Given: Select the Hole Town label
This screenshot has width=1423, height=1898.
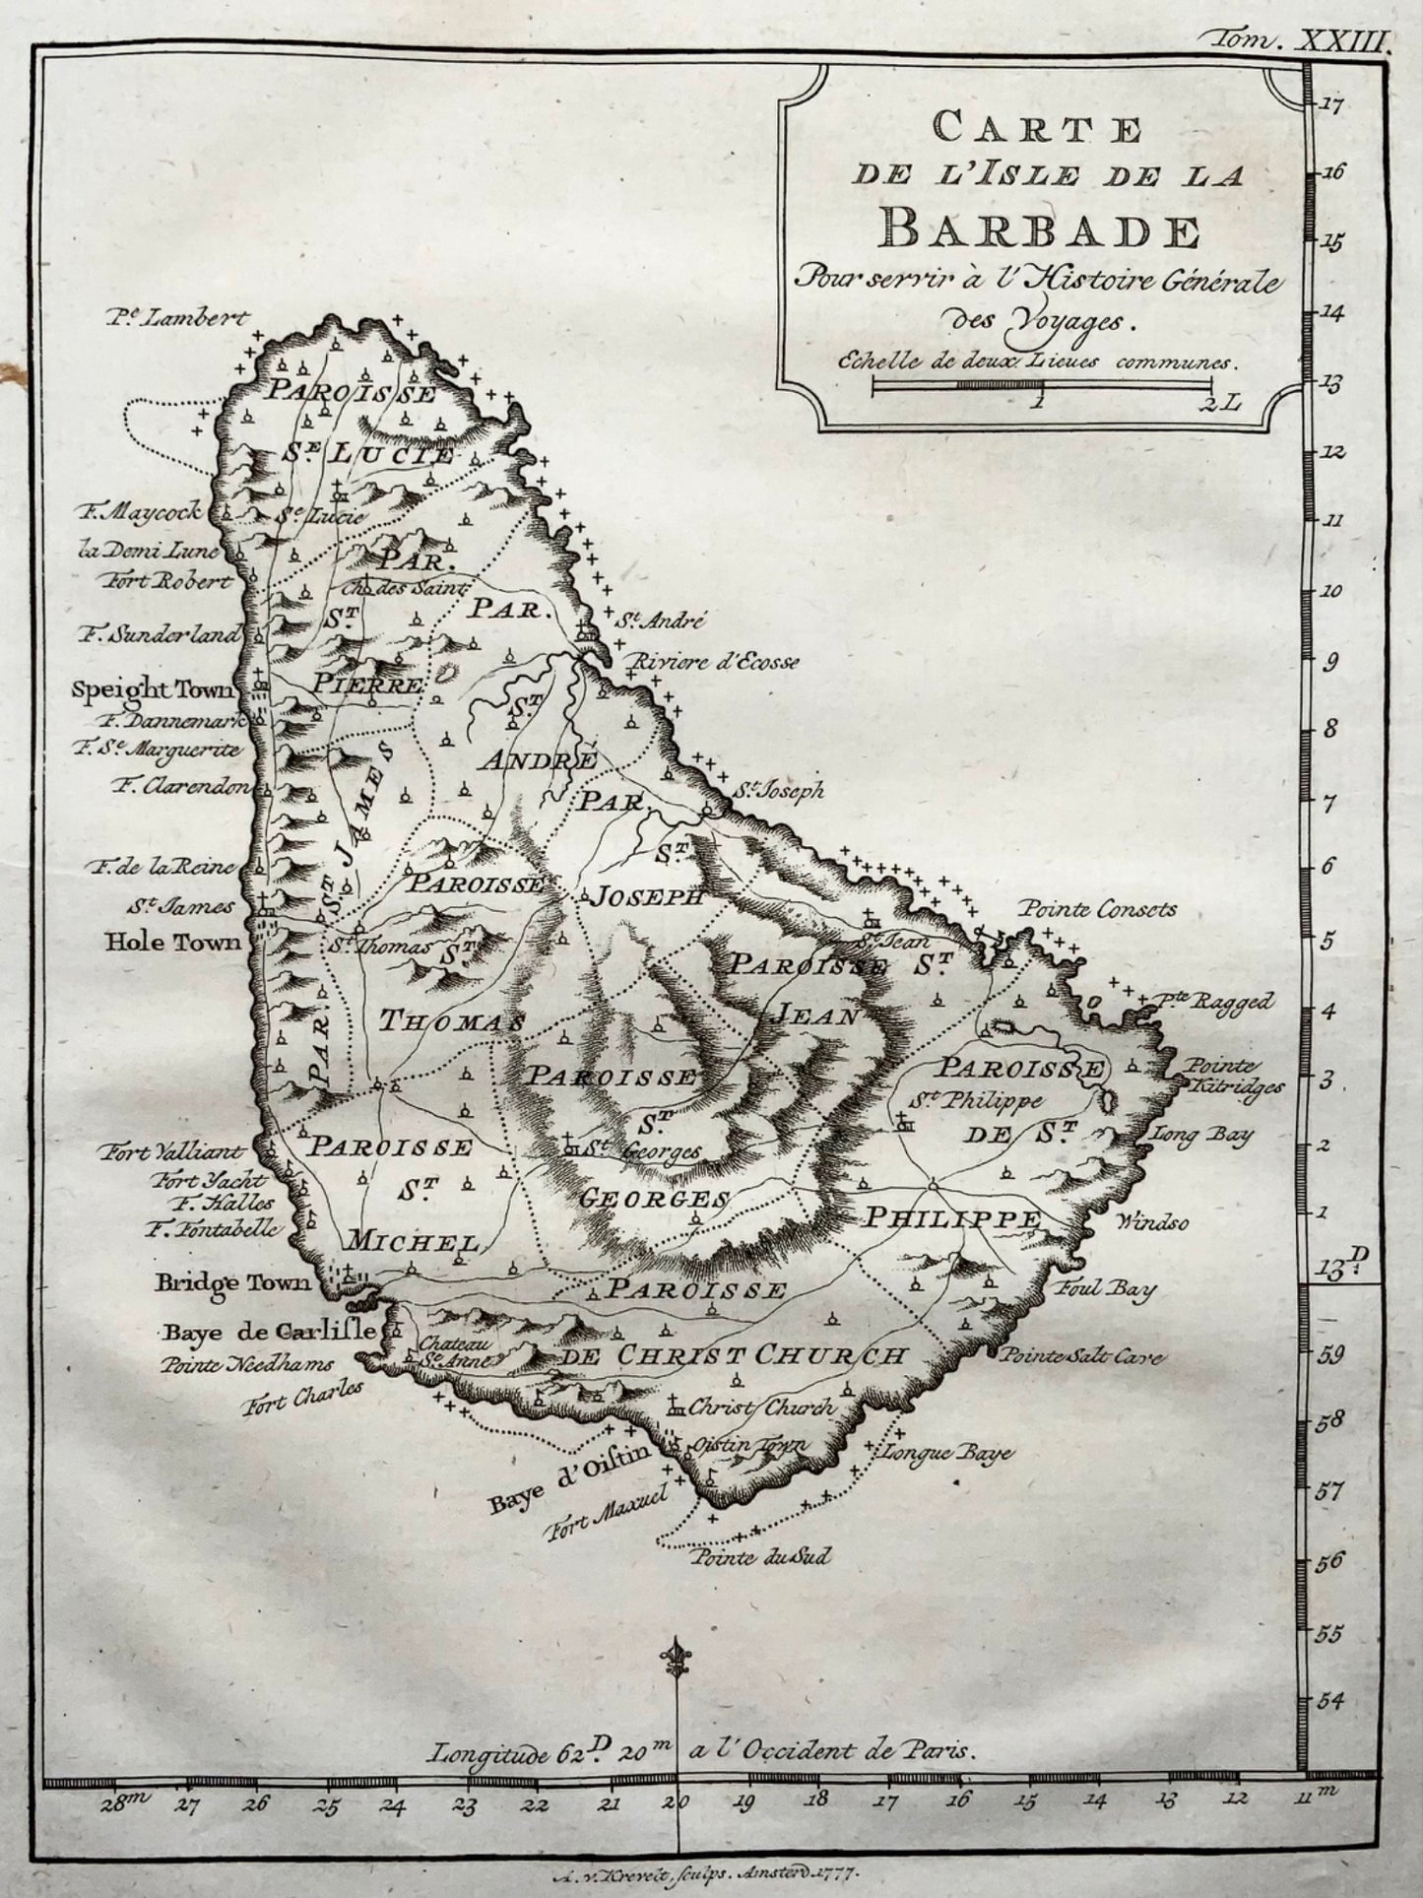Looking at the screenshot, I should [x=172, y=943].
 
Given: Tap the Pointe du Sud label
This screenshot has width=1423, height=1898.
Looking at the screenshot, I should [x=761, y=1557].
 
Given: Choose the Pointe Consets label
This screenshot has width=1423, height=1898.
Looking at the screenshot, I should [x=1098, y=909].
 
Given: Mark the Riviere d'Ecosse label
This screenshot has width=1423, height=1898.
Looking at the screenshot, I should [x=718, y=662].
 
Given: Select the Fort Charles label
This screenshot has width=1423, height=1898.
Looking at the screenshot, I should [x=302, y=1398].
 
